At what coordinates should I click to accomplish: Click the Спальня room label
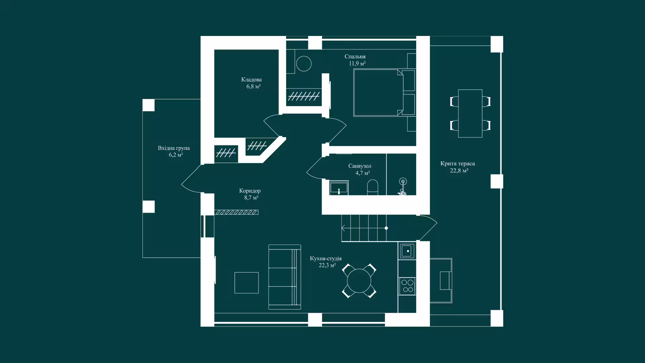click(x=355, y=56)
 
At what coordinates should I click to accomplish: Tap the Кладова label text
click(x=251, y=80)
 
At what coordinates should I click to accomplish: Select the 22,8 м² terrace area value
click(x=459, y=170)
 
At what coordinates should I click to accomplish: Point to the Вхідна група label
click(x=174, y=148)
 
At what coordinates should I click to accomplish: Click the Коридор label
click(x=250, y=191)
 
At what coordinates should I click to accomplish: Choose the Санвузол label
click(x=360, y=166)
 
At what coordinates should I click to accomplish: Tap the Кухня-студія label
click(x=326, y=258)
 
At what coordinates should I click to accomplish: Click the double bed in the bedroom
click(x=384, y=92)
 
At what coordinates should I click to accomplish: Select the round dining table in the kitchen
click(x=359, y=281)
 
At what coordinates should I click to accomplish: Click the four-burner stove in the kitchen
click(x=407, y=286)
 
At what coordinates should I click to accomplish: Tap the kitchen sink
click(x=407, y=251)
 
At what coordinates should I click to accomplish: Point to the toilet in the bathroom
click(x=373, y=187)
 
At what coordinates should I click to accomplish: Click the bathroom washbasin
click(x=339, y=188)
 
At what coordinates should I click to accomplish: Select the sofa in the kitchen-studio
click(x=285, y=277)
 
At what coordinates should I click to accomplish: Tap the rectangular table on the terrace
click(x=470, y=113)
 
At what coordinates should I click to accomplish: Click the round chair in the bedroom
click(x=304, y=64)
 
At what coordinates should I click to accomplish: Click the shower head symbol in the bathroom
click(x=403, y=182)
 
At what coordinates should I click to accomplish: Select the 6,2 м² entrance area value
click(x=176, y=155)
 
